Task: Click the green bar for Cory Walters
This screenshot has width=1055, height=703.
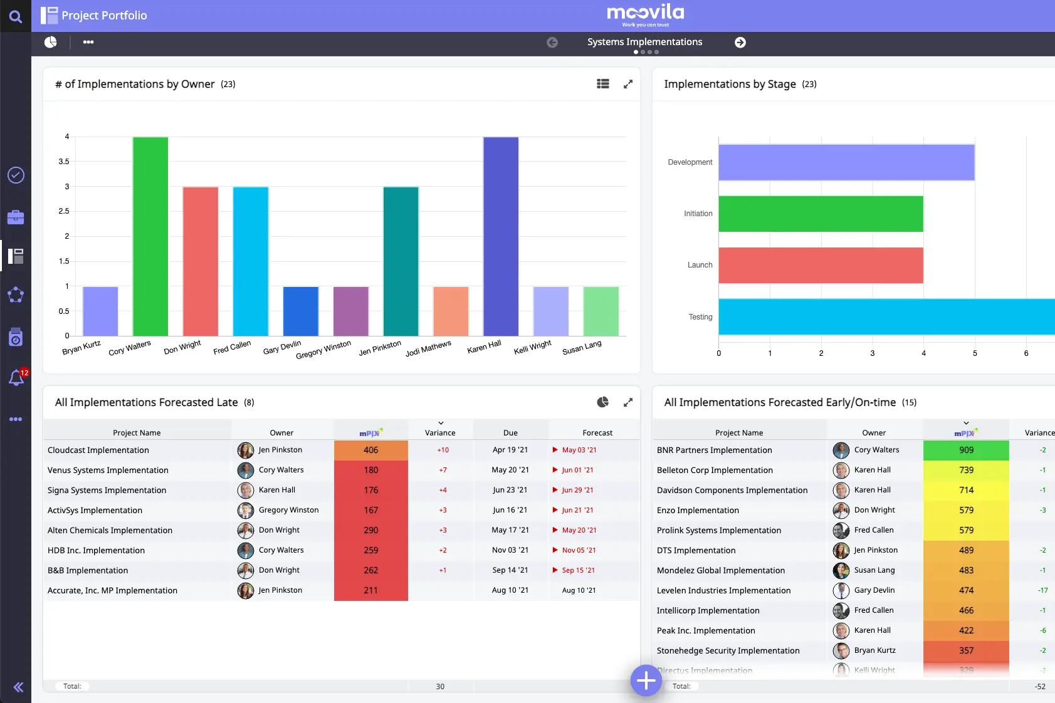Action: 150,236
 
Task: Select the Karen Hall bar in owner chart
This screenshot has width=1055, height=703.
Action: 501,236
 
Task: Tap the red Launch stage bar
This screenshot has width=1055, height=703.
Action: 821,265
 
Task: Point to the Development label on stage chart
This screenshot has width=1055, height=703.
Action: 690,162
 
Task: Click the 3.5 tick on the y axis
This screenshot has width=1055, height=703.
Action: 64,162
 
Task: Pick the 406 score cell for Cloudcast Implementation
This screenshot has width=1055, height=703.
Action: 370,450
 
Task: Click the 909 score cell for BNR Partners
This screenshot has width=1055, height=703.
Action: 966,450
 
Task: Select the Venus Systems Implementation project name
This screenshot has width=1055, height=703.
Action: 108,470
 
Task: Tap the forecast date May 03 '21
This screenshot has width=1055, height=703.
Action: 579,450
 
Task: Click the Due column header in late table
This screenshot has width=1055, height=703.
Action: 510,432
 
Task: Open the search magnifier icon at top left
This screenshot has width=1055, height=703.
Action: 16,16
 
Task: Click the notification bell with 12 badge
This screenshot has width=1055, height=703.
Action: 16,378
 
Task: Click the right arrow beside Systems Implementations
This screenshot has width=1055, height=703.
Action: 740,42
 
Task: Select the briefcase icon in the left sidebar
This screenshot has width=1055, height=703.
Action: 16,217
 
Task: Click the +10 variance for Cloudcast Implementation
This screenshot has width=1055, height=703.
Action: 443,450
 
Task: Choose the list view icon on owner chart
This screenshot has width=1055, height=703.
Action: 603,84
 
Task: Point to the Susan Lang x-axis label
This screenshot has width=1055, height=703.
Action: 582,348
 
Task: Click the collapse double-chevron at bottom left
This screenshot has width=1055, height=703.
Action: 18,687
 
